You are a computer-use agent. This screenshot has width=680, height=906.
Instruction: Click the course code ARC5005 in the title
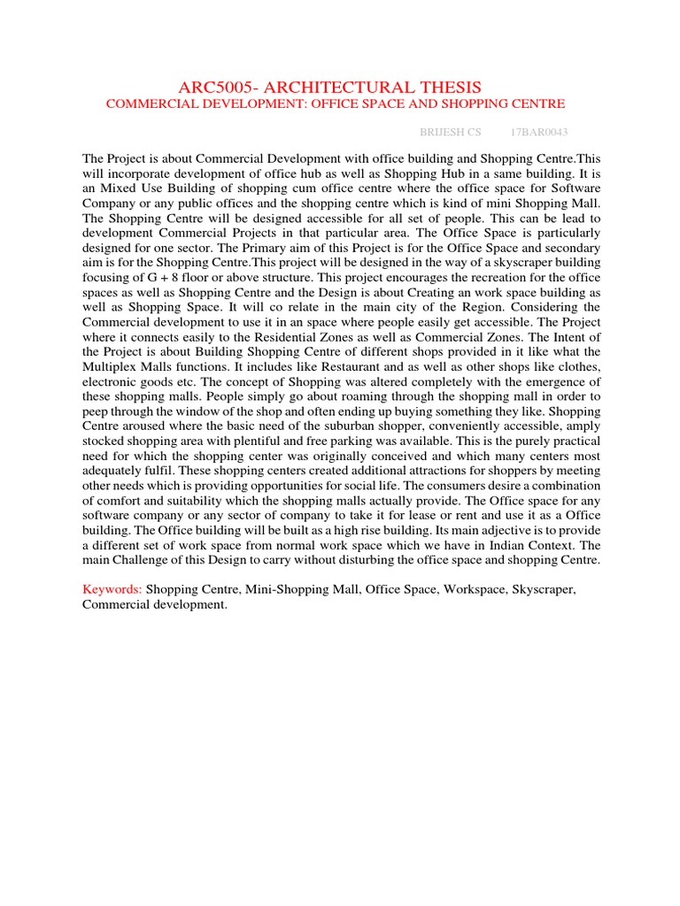217,87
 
